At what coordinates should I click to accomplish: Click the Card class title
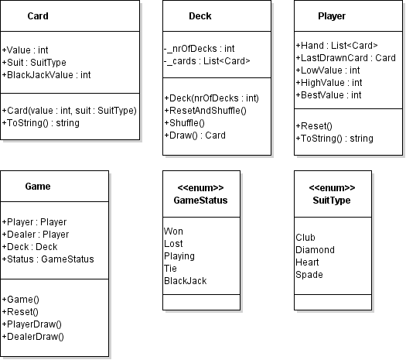coord(38,16)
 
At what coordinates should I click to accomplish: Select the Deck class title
coord(200,16)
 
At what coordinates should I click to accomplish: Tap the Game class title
coord(38,187)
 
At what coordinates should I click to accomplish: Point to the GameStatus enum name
coord(200,201)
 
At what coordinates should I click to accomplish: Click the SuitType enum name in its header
coord(332,201)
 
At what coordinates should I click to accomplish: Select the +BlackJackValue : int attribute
coord(46,75)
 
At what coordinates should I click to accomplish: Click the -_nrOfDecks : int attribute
coord(199,49)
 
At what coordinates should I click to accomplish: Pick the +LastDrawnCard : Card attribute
coord(346,58)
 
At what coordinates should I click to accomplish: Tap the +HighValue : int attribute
coord(329,83)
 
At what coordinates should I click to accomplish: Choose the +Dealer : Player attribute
coord(36,235)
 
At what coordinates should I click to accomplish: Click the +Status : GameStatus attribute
coord(48,259)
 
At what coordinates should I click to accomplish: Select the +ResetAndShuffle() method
coord(206,111)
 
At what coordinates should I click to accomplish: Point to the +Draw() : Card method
coord(195,135)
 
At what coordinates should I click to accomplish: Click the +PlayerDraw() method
coord(32,324)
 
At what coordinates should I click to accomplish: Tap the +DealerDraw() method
coord(33,337)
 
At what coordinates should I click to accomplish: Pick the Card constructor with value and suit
coord(69,111)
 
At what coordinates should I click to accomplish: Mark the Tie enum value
coord(170,269)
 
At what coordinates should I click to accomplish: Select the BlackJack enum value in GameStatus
coord(186,281)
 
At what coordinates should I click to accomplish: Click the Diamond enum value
coord(315,250)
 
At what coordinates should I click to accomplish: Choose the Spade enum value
coord(309,275)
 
